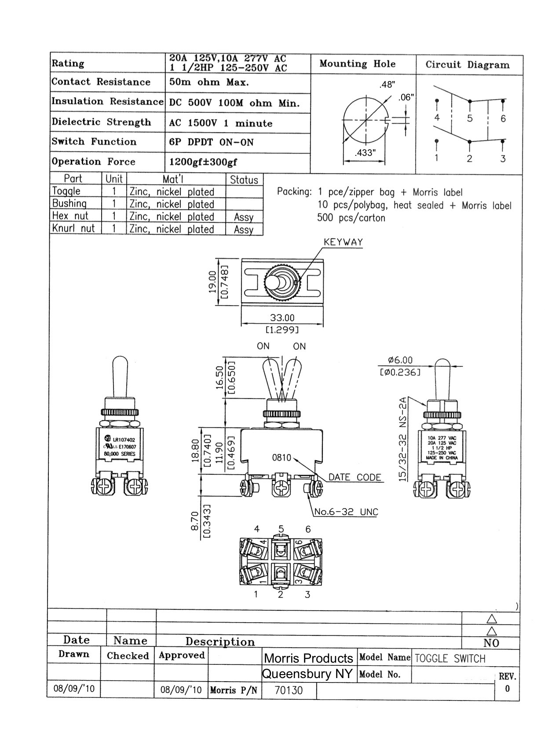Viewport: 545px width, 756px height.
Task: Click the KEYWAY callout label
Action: [x=343, y=242]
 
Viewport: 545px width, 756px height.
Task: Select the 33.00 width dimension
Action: [x=282, y=318]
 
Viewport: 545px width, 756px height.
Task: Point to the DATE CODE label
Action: [x=355, y=477]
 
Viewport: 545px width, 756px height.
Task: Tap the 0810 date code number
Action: [x=282, y=458]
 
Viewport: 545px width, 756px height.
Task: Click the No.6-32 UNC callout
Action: [x=346, y=512]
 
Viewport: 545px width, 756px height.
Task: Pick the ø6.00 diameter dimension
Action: [x=400, y=361]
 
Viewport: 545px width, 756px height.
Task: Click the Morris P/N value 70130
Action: [x=289, y=690]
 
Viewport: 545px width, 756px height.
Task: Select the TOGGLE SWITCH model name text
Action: [x=450, y=659]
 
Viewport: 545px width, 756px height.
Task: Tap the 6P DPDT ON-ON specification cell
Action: [x=212, y=143]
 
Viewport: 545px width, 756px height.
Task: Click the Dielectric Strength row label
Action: [x=101, y=122]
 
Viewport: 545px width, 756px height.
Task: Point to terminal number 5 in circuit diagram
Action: [x=470, y=118]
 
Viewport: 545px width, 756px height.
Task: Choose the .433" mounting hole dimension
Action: [x=365, y=153]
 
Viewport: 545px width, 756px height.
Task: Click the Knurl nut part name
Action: [x=73, y=229]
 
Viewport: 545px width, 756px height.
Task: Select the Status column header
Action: [x=244, y=180]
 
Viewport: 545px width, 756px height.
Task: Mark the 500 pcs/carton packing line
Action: [x=351, y=218]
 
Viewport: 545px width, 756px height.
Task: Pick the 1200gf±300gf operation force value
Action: [x=203, y=162]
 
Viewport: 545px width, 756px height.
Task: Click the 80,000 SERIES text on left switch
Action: [x=120, y=454]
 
